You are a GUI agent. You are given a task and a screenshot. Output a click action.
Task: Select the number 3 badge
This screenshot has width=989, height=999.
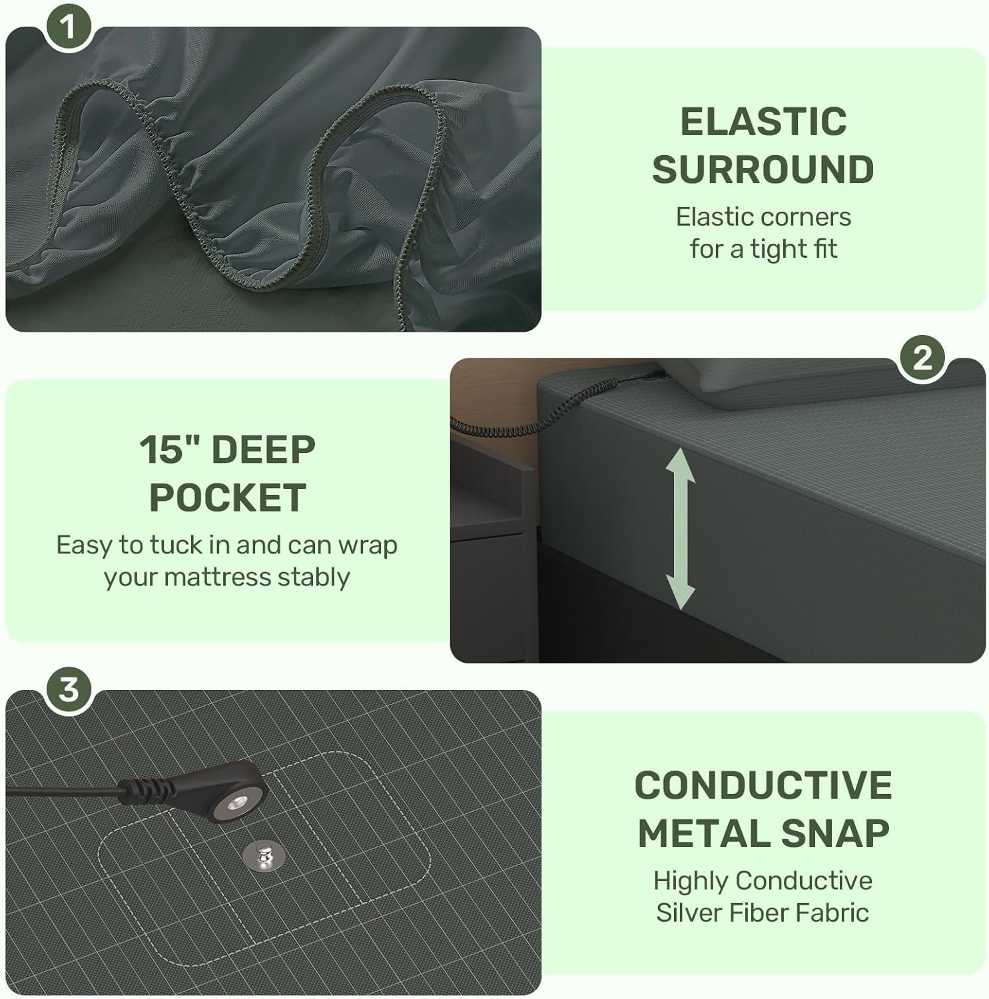[69, 689]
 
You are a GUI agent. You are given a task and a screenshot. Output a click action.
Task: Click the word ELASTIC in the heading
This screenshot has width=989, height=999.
[763, 122]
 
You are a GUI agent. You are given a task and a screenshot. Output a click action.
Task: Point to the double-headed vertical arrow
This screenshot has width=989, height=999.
[680, 528]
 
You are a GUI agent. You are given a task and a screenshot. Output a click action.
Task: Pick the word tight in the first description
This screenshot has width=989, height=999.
[779, 249]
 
